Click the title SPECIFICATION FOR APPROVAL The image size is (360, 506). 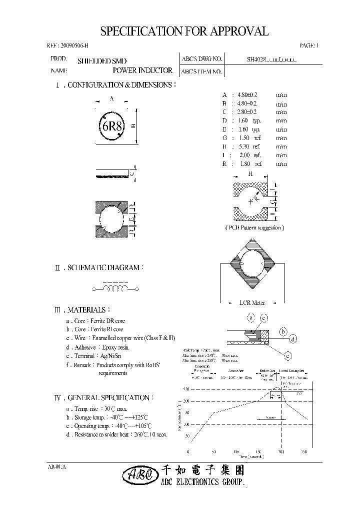[x=184, y=31]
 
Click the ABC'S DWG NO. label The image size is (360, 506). [x=201, y=59]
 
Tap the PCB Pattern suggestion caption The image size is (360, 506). [x=254, y=227]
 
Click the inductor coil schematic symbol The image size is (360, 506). [x=114, y=288]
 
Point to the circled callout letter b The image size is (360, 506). [x=283, y=331]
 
